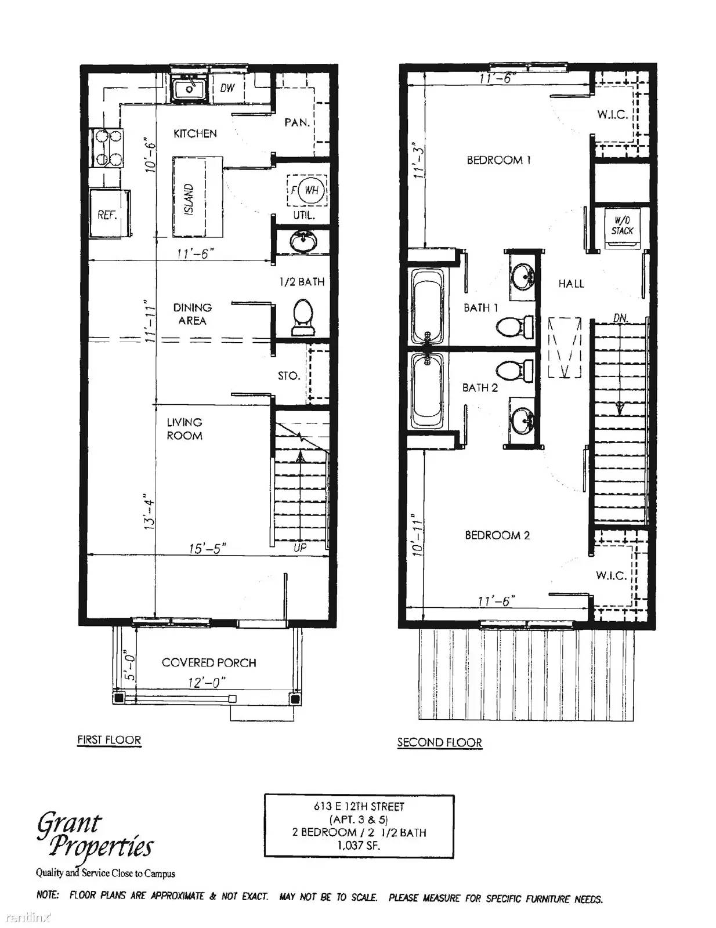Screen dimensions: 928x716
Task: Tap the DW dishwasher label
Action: [x=227, y=88]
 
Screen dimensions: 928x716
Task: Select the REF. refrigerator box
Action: [x=109, y=214]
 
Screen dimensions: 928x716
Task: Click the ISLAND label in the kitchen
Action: [x=190, y=200]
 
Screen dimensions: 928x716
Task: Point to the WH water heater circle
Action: [x=311, y=190]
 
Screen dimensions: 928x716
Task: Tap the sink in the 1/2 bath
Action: [x=302, y=241]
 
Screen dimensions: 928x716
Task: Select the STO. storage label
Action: [x=288, y=376]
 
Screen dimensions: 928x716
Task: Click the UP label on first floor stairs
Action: [x=300, y=547]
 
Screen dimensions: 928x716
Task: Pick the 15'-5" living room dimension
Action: [x=207, y=548]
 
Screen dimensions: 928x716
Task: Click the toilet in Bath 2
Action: [x=515, y=371]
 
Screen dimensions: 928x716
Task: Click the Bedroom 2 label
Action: [x=497, y=535]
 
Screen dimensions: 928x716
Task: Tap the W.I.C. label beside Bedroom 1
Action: [x=612, y=114]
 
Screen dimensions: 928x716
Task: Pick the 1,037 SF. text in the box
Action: [x=359, y=845]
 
